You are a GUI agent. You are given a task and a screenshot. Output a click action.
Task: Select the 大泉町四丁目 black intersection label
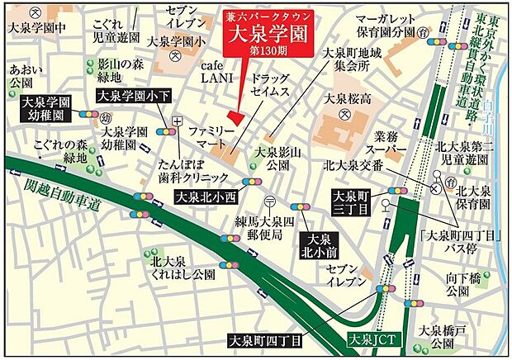click(267, 339)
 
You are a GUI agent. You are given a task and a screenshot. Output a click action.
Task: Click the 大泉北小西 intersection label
click(206, 197)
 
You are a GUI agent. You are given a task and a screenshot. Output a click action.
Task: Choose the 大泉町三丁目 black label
click(350, 202)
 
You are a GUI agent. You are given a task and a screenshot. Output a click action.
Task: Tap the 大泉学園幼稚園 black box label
click(47, 109)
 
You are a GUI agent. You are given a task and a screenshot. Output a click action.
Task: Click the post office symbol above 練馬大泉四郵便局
click(269, 202)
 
